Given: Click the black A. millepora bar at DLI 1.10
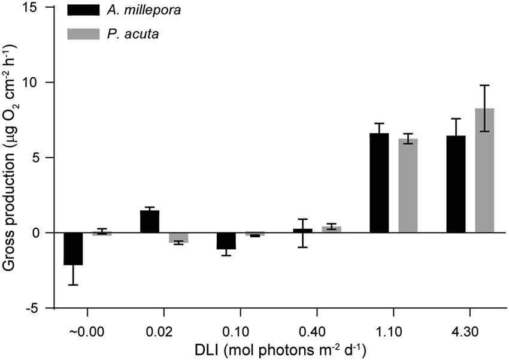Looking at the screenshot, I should pyautogui.click(x=379, y=183).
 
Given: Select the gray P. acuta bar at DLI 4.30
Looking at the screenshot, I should pyautogui.click(x=484, y=170).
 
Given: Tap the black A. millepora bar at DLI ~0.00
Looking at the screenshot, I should pyautogui.click(x=73, y=249).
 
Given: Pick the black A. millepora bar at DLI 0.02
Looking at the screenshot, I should pyautogui.click(x=150, y=222).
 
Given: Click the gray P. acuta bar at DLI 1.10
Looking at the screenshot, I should pyautogui.click(x=408, y=186).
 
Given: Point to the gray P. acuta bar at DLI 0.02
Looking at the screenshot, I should pyautogui.click(x=178, y=237).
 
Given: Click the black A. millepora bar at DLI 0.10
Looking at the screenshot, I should pyautogui.click(x=226, y=240).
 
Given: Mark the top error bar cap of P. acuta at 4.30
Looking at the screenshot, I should pyautogui.click(x=484, y=85).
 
